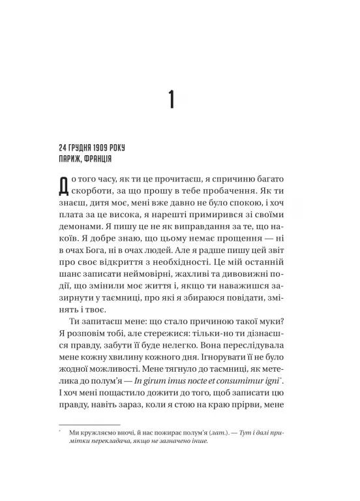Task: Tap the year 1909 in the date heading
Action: (x=108, y=147)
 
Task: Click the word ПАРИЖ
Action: (x=70, y=159)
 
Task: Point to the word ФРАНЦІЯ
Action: (x=103, y=159)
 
